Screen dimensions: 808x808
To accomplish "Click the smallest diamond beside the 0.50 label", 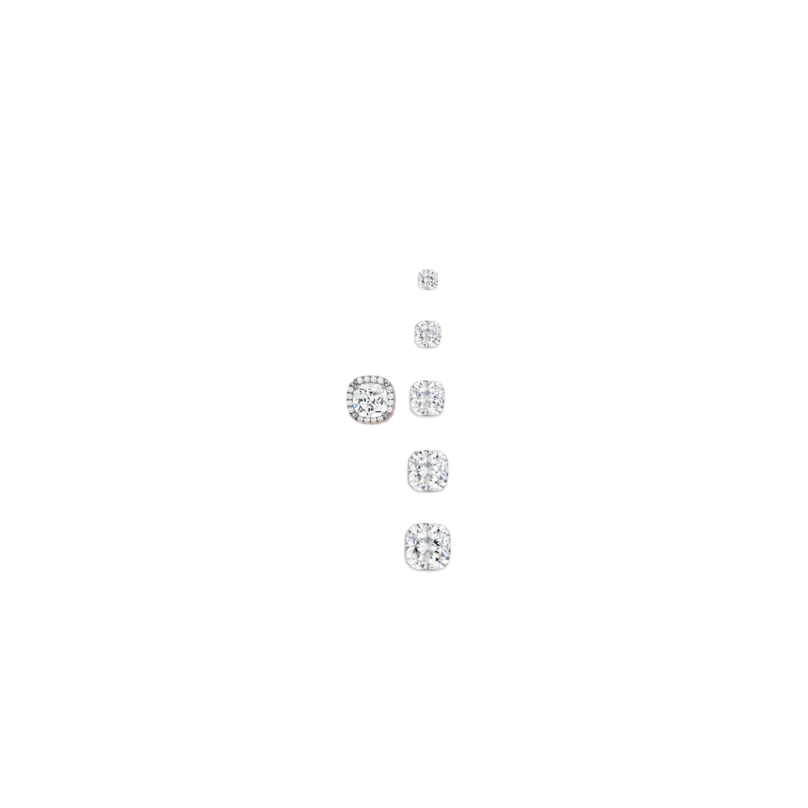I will click(x=427, y=279).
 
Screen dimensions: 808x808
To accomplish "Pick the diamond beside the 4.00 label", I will click(x=428, y=468).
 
